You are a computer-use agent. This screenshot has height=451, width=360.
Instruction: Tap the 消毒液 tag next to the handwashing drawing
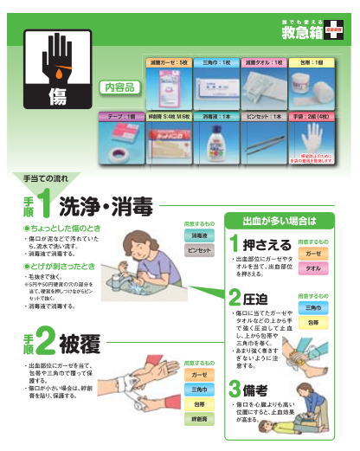[198, 235]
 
